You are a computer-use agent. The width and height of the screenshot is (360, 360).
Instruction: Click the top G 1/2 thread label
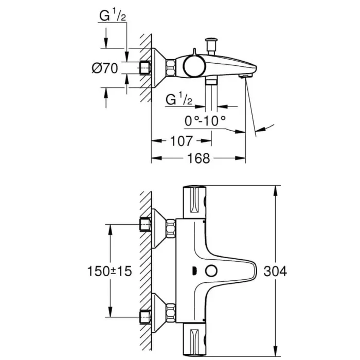coord(113,17)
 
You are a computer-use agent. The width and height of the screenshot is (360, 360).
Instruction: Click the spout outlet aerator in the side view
coord(245,76)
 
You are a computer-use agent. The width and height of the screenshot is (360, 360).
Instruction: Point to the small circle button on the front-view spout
coord(211,271)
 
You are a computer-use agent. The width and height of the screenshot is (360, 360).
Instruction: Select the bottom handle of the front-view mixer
coord(195,339)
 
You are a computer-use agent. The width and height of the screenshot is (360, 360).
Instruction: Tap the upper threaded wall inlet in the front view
coord(146,225)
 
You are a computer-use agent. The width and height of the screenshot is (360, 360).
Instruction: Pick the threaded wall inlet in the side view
coord(145,68)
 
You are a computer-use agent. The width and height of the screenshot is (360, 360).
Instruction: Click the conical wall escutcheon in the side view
coord(159,67)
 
